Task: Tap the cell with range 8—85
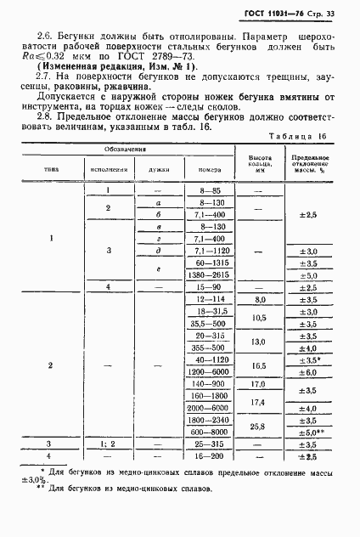(x=207, y=216)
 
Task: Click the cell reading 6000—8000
(x=207, y=432)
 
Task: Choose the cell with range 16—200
(x=207, y=455)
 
